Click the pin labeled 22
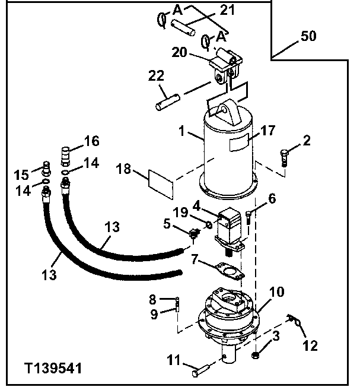[167, 97]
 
